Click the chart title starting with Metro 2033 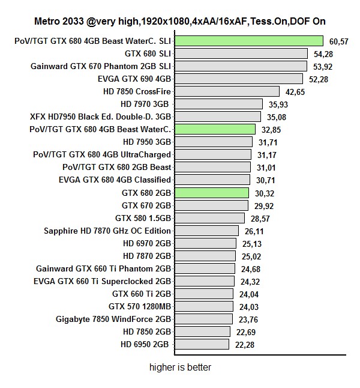(180, 21)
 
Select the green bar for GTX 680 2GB (211, 193)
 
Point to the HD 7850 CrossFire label (137, 91)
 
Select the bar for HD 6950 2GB (202, 344)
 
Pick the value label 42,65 (294, 92)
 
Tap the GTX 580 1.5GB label (143, 217)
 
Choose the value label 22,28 (244, 345)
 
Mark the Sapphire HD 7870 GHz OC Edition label (107, 231)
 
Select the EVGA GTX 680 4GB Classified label (115, 180)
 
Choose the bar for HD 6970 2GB (205, 243)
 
